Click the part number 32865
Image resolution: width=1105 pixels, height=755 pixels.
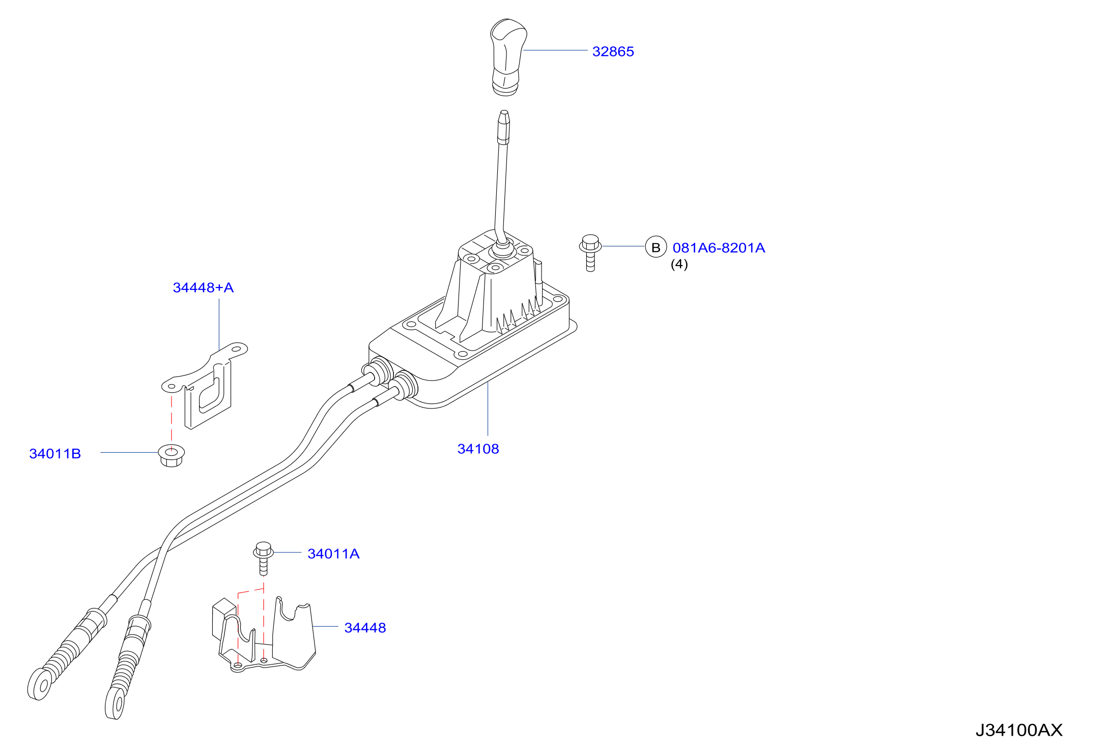click(613, 51)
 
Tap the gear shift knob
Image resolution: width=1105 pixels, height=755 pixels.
click(507, 57)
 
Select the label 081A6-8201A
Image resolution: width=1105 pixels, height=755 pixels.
click(719, 248)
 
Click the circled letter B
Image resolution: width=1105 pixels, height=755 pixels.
click(656, 247)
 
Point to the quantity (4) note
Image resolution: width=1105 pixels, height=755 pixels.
click(679, 264)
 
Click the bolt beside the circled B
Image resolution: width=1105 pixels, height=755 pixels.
click(590, 252)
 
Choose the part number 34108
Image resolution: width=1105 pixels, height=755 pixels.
click(478, 449)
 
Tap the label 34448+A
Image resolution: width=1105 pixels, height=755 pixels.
click(203, 287)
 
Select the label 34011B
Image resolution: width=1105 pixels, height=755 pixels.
click(55, 453)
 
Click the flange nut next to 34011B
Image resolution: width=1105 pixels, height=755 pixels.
click(172, 455)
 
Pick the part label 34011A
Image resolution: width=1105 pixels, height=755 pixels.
click(333, 554)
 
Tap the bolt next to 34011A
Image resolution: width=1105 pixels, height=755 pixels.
click(263, 558)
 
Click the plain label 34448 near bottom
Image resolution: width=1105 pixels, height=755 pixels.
click(365, 628)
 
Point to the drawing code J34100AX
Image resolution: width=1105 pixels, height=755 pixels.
click(1019, 730)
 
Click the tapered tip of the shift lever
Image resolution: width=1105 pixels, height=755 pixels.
click(504, 114)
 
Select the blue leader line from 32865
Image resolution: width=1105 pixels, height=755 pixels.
click(555, 50)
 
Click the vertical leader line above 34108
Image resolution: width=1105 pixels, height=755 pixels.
click(488, 409)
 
